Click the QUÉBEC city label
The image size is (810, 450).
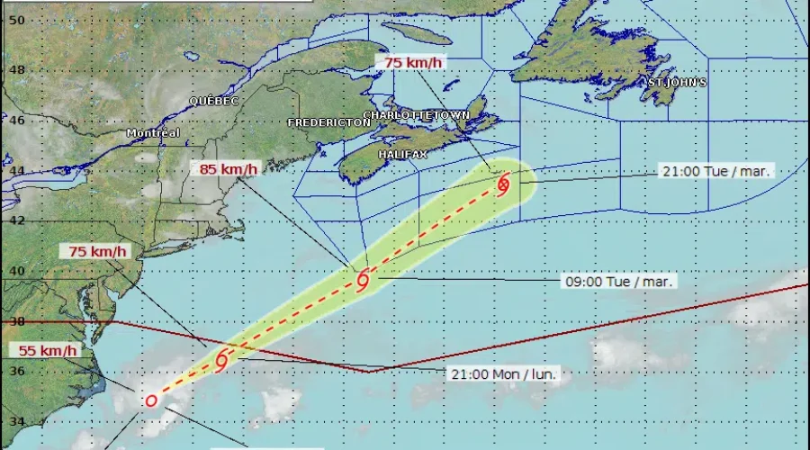point(213,102)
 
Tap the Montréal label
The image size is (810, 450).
point(153,133)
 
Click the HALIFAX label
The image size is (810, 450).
point(402,155)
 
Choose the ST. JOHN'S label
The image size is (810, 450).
point(677,83)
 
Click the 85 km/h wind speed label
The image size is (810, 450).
point(229,168)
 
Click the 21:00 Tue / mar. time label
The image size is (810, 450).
point(715,171)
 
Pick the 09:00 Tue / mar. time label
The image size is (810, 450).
point(620,282)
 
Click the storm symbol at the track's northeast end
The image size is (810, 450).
point(503,184)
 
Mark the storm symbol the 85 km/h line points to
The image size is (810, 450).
point(364,280)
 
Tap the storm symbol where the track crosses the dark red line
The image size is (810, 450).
point(221,360)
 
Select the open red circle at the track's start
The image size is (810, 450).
point(151,400)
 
